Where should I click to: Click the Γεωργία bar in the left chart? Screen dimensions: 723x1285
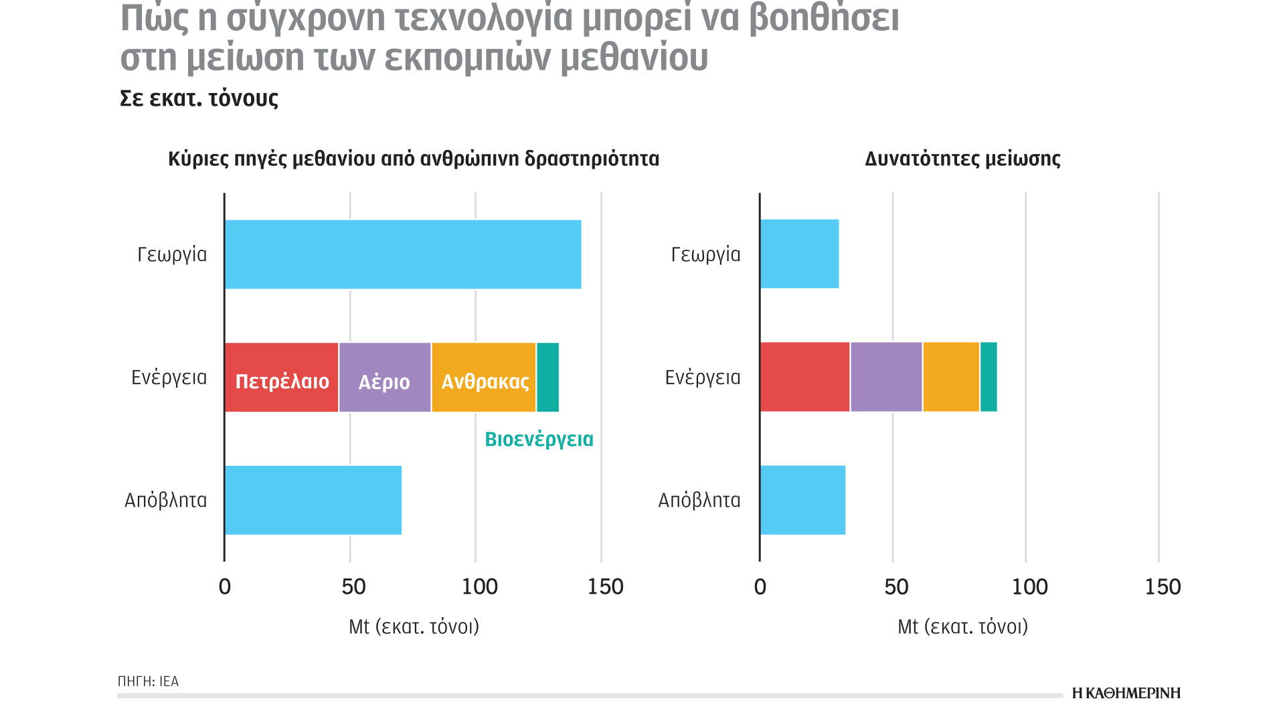(403, 254)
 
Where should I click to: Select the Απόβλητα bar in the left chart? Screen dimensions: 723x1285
(313, 500)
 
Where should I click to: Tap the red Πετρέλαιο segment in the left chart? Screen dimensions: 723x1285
(282, 378)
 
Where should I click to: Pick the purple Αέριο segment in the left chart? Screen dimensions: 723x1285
(385, 378)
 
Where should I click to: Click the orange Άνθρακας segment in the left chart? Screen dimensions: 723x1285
(484, 378)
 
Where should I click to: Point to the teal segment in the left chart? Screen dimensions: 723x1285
(547, 378)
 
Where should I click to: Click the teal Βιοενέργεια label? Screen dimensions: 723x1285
(539, 439)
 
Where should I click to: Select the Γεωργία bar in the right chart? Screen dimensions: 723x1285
(799, 254)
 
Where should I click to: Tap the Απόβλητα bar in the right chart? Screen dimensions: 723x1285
(802, 500)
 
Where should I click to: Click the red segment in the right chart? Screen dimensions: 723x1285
(805, 377)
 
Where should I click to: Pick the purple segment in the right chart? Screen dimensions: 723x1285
(886, 377)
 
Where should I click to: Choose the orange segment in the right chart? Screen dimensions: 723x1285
(951, 377)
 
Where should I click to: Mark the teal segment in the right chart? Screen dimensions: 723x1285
(989, 377)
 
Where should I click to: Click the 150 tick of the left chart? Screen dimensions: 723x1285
(605, 587)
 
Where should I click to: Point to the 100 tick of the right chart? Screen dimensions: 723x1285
(1029, 587)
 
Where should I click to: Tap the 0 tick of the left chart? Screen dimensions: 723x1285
(225, 587)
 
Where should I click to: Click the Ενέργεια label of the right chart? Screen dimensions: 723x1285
(703, 378)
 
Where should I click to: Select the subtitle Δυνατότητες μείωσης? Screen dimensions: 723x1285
(962, 159)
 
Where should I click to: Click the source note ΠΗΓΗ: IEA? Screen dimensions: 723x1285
(148, 681)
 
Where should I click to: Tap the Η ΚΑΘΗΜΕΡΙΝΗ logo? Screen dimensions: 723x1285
(1126, 694)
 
